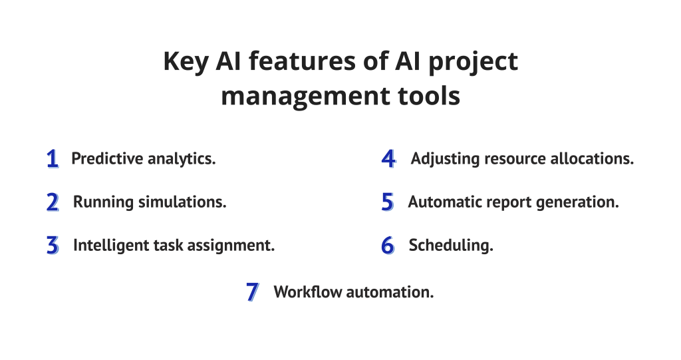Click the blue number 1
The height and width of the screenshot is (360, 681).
tap(53, 158)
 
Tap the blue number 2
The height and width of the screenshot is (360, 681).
tap(53, 202)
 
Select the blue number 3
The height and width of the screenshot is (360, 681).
tap(53, 246)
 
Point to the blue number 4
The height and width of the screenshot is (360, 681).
tap(388, 158)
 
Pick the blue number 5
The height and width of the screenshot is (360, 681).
tap(388, 202)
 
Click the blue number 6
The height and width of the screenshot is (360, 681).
tap(388, 246)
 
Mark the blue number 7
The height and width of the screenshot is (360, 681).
tap(253, 291)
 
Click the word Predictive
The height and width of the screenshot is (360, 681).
tap(107, 158)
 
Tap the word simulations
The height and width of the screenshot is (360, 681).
tap(182, 202)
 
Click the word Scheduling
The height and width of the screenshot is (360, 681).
tap(451, 246)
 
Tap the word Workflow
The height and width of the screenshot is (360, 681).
tap(308, 291)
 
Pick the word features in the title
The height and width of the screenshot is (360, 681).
tap(303, 61)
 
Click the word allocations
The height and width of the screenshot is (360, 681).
tap(592, 158)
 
